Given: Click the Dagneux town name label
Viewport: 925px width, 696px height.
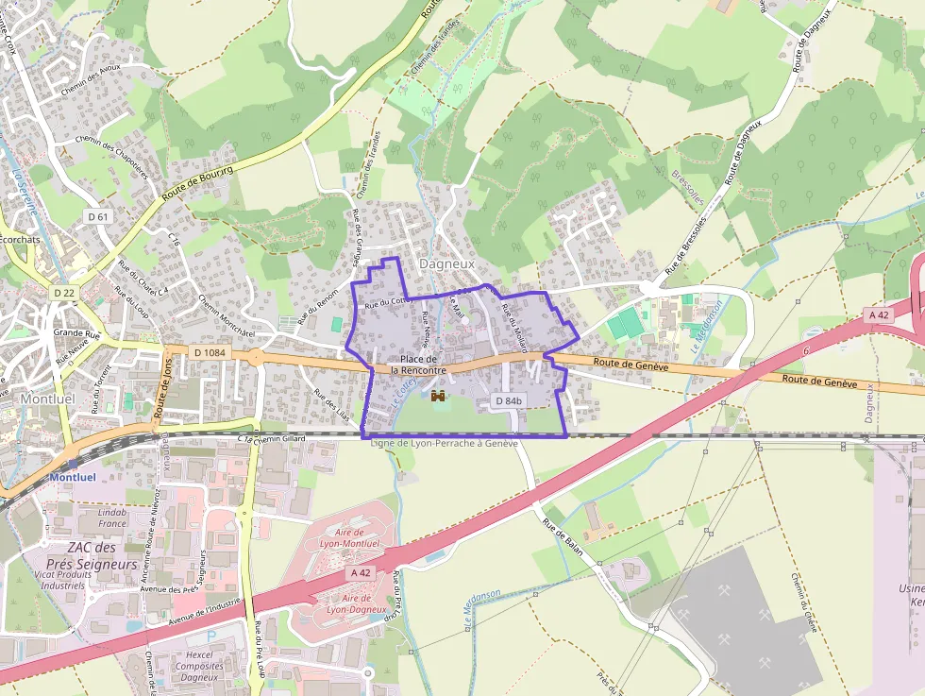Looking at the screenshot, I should [x=446, y=264].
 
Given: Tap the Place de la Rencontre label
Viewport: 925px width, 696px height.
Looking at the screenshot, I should [x=418, y=365].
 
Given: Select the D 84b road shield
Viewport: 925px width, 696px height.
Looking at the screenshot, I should [x=509, y=401].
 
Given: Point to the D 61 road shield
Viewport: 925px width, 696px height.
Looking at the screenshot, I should [x=98, y=216].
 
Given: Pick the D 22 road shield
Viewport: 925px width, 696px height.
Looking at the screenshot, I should [x=64, y=293].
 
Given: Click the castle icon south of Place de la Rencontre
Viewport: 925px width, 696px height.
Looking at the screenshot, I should [x=438, y=397].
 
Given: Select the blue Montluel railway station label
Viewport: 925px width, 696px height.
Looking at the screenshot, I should [x=72, y=477].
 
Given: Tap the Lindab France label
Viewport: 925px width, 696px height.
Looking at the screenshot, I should [x=112, y=518].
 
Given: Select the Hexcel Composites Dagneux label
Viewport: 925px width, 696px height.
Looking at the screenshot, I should [x=199, y=666].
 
